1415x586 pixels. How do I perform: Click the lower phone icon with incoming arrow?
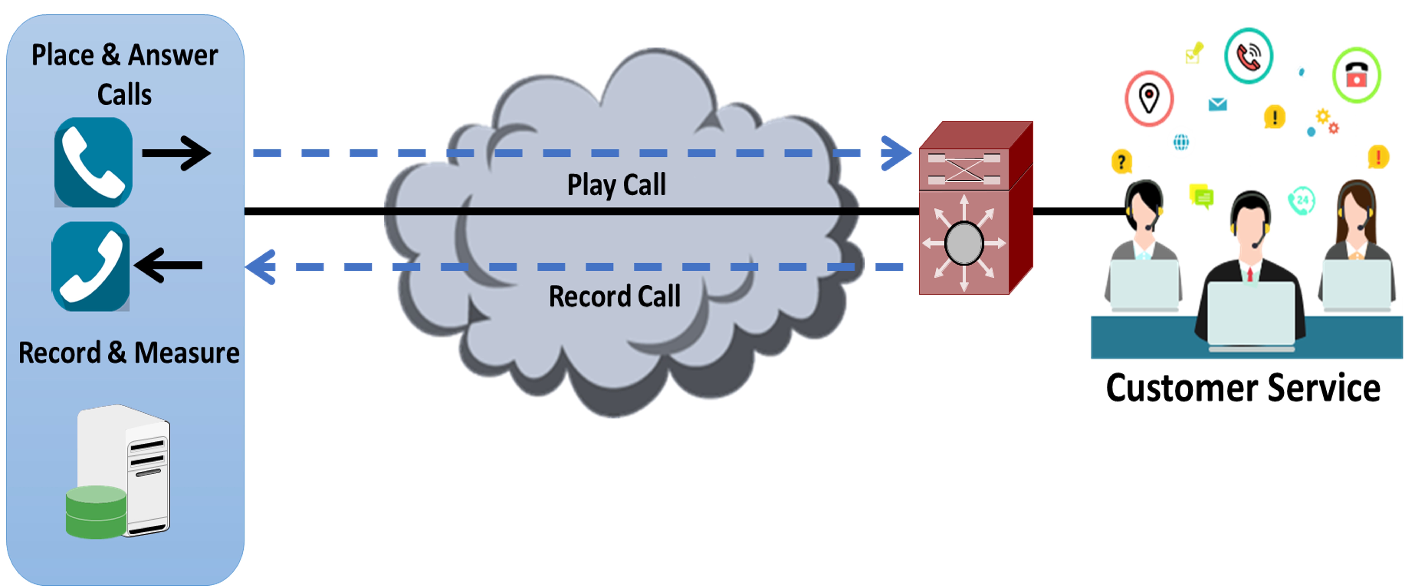[91, 266]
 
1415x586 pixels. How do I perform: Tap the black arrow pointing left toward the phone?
[168, 265]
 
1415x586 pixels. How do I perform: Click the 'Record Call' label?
[615, 297]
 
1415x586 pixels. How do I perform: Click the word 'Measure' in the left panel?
[187, 353]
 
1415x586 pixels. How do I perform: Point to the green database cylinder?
[96, 512]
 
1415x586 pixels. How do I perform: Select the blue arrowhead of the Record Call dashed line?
[260, 267]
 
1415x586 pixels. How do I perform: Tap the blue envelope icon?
[1218, 104]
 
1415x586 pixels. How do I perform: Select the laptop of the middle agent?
[1251, 316]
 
